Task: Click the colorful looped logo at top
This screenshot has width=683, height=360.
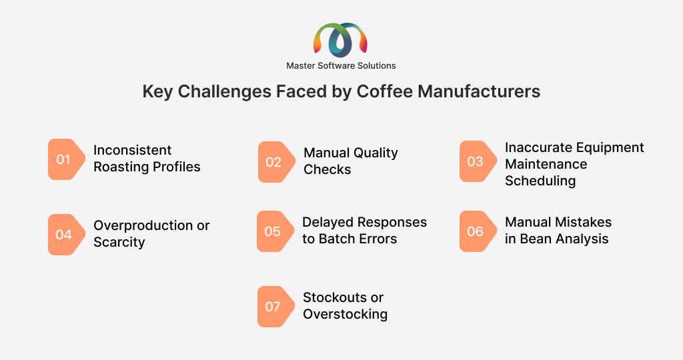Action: pos(341,40)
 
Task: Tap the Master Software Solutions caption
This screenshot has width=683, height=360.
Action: pos(341,66)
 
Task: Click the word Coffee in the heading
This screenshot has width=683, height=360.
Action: pos(385,91)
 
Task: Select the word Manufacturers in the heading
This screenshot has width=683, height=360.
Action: pos(479,91)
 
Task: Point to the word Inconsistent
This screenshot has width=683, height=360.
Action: pos(133,150)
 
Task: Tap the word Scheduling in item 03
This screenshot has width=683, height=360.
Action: pos(540,181)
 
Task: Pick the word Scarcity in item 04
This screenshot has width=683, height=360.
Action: pos(119,243)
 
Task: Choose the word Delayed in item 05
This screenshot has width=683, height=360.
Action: pos(325,223)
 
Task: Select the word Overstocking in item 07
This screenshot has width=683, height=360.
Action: pos(346,314)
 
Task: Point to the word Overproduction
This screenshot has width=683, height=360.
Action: pos(143,226)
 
